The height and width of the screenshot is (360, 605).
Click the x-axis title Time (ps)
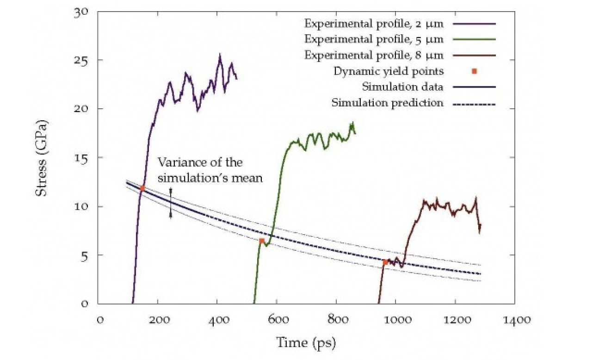pos(306,343)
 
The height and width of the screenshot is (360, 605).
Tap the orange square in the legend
pos(474,71)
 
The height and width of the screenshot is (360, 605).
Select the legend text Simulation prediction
pos(387,103)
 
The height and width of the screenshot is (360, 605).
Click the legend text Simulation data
pos(402,87)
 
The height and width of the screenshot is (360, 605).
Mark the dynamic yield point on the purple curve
pos(142,188)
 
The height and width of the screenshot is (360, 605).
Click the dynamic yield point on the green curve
pos(262,241)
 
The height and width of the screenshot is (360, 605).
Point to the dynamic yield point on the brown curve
pos(385,262)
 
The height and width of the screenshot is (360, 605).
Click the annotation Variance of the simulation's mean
pos(210,170)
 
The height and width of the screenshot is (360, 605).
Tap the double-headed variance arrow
pos(170,203)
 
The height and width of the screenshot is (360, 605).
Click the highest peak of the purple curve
pos(220,55)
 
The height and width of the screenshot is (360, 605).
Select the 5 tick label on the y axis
pos(85,255)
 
